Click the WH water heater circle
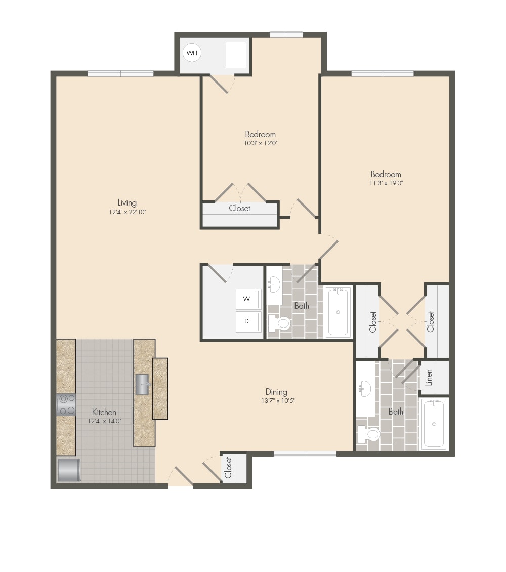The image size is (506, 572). coord(192,53)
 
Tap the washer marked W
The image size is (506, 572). coord(248,299)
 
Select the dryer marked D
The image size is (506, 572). coord(248,321)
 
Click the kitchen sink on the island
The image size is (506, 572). coord(143,384)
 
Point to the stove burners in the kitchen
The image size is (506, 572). coord(66,404)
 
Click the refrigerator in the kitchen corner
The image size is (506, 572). coord(69,470)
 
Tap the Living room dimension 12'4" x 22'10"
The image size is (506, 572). coord(127,212)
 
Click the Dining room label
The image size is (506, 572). coord(276,392)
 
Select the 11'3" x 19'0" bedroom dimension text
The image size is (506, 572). coord(386,183)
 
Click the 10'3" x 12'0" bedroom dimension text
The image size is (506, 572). coord(261,143)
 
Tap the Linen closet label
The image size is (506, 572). coord(429,378)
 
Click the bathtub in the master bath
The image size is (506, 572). coord(434,424)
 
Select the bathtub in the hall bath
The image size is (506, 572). coord(338,311)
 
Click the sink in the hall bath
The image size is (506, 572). coord(274,285)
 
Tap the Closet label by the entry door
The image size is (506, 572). coord(228,468)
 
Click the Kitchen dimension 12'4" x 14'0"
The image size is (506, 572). coord(104,421)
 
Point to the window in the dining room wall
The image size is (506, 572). coord(305,454)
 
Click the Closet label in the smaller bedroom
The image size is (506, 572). coord(239,208)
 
